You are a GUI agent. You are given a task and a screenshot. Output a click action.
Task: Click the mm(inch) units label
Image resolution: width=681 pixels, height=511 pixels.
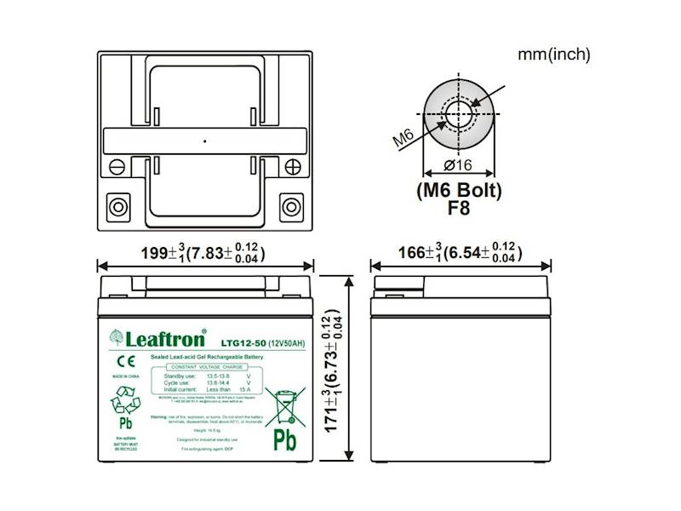pos(553,55)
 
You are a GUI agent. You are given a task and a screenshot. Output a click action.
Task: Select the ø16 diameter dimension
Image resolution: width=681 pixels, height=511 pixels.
pos(458,166)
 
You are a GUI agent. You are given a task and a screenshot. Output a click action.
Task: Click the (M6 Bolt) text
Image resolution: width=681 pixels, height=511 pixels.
pos(459,188)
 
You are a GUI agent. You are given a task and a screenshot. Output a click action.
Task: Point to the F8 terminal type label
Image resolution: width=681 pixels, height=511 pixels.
pos(459,205)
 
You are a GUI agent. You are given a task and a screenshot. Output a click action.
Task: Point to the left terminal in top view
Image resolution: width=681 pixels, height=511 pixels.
pos(114,207)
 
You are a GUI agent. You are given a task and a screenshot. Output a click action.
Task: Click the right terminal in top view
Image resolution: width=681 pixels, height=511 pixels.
pos(291,207)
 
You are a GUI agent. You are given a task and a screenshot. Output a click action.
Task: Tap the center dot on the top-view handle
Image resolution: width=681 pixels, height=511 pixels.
pos(204,140)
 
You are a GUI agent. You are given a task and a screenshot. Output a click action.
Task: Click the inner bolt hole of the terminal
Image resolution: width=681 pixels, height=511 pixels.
pos(458,111)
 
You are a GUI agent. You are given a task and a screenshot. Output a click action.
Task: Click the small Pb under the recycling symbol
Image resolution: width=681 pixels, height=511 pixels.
pos(125,423)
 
